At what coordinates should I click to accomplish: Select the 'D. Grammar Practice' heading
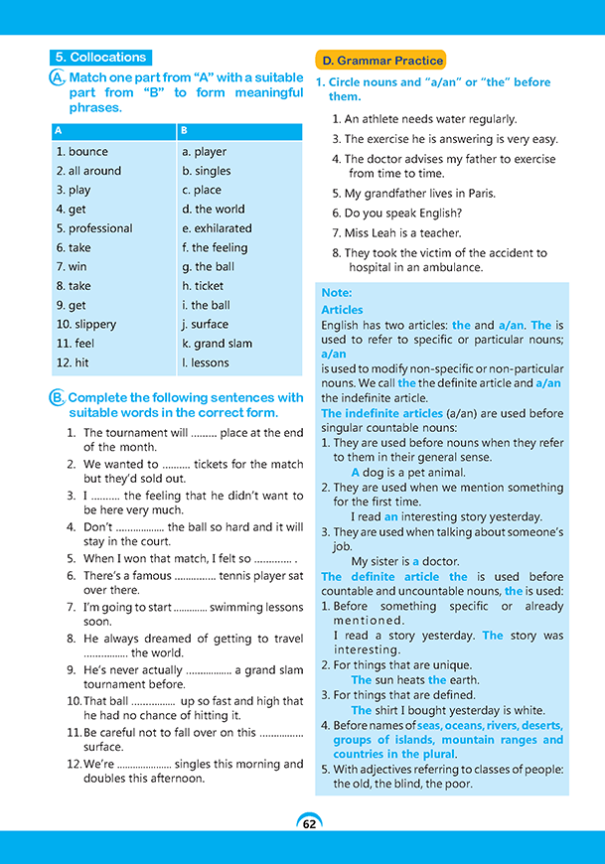[379, 61]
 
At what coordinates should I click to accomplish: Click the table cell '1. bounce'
[82, 152]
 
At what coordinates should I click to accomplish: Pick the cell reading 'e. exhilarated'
[217, 228]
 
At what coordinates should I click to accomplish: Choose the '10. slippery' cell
[86, 324]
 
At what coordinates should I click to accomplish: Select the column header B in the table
[185, 131]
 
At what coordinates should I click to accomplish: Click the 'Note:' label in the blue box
[337, 294]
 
